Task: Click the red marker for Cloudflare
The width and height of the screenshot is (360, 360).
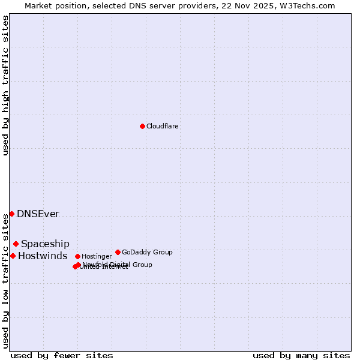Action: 142,126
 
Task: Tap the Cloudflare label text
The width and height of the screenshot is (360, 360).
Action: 162,127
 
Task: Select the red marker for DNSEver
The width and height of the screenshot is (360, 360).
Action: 11,214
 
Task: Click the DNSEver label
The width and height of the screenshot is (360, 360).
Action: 38,214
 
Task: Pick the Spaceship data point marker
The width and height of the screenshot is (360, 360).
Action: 16,244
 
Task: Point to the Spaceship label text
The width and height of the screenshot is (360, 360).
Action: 45,244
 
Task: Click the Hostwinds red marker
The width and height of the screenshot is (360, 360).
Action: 13,256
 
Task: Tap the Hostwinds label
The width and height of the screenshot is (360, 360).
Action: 43,256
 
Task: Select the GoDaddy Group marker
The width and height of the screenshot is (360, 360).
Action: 118,252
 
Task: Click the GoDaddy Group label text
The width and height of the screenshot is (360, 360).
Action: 147,253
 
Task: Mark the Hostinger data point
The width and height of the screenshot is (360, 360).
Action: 77,256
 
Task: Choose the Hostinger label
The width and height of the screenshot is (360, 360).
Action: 97,257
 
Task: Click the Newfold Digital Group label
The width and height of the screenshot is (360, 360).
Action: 118,265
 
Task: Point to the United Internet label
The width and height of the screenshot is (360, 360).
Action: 103,267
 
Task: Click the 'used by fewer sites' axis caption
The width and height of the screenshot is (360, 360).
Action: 62,355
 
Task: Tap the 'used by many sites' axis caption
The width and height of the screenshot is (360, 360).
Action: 301,355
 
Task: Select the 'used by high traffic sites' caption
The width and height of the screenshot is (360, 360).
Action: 6,85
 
